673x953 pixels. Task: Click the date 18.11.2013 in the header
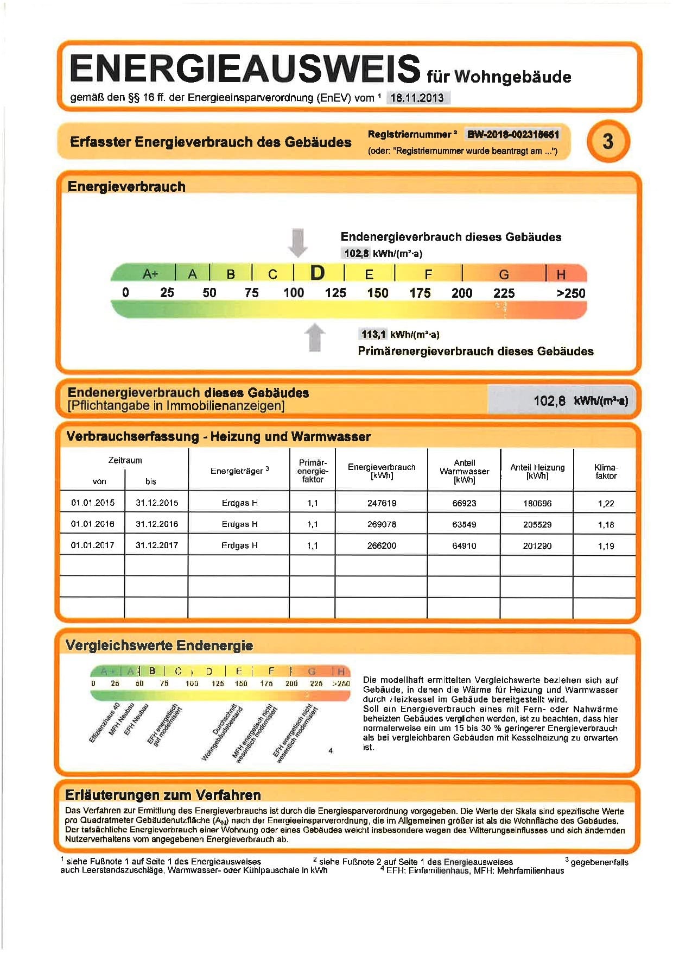(x=417, y=98)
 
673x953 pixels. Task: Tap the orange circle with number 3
(x=608, y=141)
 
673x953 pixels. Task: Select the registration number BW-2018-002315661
(x=513, y=134)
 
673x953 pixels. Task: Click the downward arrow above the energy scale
(x=297, y=242)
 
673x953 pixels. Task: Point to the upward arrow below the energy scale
(x=315, y=337)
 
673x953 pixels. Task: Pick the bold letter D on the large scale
(x=318, y=273)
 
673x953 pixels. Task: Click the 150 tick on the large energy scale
(x=377, y=293)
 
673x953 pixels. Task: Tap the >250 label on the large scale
(x=571, y=293)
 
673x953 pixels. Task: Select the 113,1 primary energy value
(x=373, y=334)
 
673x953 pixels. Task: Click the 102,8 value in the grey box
(x=549, y=401)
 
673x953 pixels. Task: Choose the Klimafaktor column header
(x=606, y=471)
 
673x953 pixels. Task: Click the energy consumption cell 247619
(x=382, y=503)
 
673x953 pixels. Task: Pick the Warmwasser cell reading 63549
(x=464, y=524)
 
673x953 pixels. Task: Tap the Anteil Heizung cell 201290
(x=537, y=546)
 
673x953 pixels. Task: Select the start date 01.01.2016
(x=93, y=524)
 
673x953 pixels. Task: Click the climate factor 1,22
(x=606, y=503)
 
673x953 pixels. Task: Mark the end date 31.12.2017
(x=157, y=546)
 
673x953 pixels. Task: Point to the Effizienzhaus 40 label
(x=104, y=723)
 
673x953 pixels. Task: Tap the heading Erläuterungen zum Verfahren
(x=163, y=795)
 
